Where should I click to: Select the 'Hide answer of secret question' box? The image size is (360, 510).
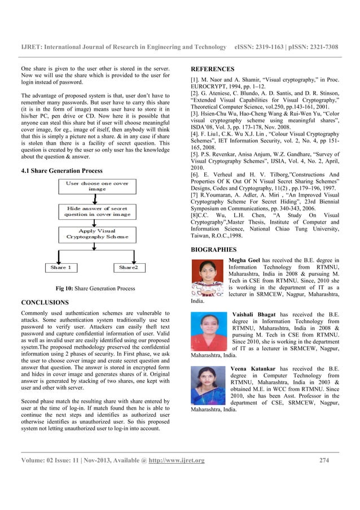click(x=96, y=211)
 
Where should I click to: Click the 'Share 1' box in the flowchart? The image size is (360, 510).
click(x=60, y=267)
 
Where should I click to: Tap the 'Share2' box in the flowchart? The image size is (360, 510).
click(x=128, y=267)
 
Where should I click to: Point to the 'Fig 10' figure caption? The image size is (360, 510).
click(x=95, y=289)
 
